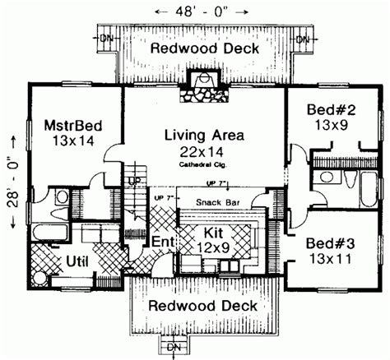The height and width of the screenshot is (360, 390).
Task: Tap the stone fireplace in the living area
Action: pos(200,85)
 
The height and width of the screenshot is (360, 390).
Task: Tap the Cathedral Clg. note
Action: pos(202,164)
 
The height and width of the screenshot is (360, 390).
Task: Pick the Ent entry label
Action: pos(162,242)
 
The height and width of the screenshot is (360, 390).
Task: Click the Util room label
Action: pos(80,263)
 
